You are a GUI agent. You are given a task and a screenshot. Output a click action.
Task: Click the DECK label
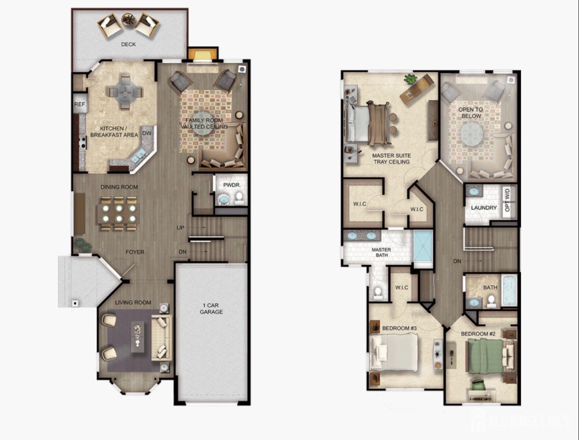click(129, 44)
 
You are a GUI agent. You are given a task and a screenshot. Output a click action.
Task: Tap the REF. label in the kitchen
click(80, 104)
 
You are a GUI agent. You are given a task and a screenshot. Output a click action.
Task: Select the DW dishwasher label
click(147, 133)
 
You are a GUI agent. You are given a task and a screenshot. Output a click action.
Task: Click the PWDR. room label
click(232, 185)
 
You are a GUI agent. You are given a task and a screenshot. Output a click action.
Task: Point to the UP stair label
click(180, 228)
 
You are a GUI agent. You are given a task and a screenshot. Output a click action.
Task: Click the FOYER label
click(135, 252)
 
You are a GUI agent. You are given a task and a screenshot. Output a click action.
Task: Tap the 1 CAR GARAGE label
click(211, 309)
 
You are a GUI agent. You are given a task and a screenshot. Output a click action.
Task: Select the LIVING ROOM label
click(133, 303)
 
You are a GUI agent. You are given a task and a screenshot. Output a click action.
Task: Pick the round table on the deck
click(129, 19)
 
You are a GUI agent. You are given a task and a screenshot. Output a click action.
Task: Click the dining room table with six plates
click(119, 213)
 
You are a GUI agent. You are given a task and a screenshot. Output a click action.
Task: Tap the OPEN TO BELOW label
click(471, 113)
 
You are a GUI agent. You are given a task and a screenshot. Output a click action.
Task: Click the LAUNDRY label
click(484, 208)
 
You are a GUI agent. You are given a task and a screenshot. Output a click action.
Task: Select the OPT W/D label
click(507, 200)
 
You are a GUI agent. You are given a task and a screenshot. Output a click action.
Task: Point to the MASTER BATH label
click(382, 252)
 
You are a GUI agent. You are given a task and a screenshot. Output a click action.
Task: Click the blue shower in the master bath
click(423, 246)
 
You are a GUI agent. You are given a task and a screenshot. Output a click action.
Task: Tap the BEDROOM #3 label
click(399, 328)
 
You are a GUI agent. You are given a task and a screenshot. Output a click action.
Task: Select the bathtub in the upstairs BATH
click(510, 290)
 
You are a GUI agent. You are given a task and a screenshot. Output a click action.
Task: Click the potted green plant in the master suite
click(410, 79)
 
